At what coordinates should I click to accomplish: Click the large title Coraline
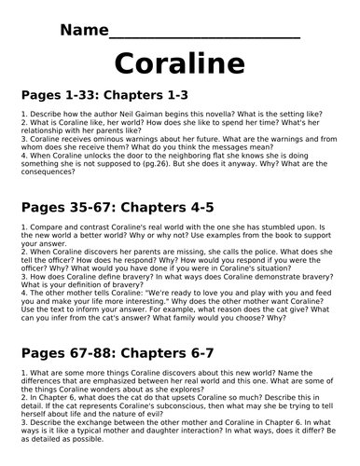pos(180,64)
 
